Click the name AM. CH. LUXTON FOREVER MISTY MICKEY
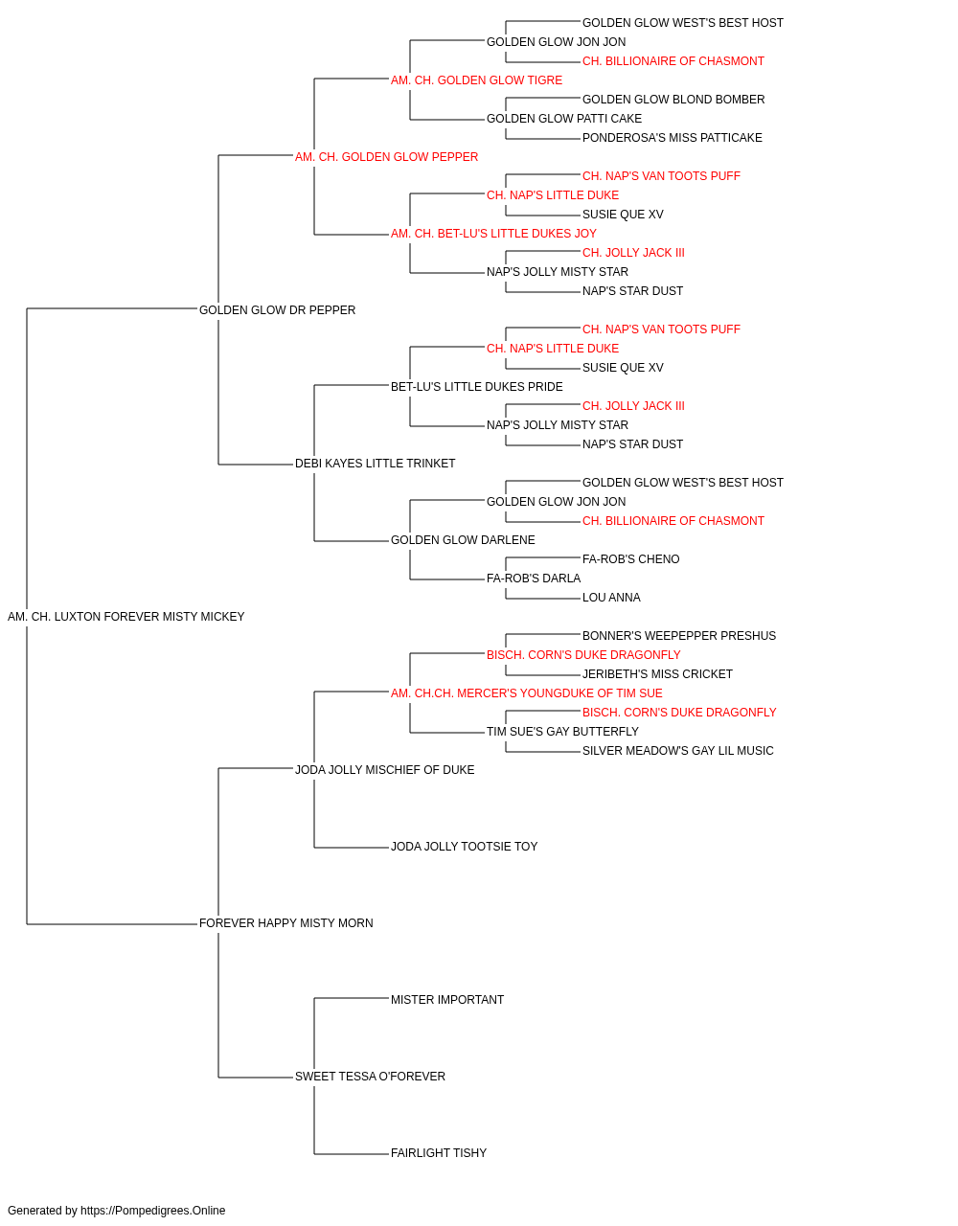pos(125,617)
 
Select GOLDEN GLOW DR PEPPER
pos(277,310)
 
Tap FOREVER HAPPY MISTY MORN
pos(286,923)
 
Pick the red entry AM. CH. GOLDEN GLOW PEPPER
pos(386,157)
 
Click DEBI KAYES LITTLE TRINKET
pos(376,464)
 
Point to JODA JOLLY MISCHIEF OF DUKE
pos(385,769)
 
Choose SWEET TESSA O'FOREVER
pos(370,1076)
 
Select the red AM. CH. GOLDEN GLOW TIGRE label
pos(477,80)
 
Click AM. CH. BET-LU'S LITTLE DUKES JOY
pos(493,234)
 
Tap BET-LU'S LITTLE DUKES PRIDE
pos(477,386)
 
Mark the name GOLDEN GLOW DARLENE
pos(464,540)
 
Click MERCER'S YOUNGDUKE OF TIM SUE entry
pos(527,692)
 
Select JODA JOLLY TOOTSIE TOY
pos(465,847)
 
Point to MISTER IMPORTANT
pos(447,1000)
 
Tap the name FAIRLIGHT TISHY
pos(439,1152)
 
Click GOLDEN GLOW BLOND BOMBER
pos(673,100)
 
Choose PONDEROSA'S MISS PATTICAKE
pos(673,138)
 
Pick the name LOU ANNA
pos(611,598)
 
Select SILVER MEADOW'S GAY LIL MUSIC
pos(678,750)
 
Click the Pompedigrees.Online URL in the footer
pos(153,1211)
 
